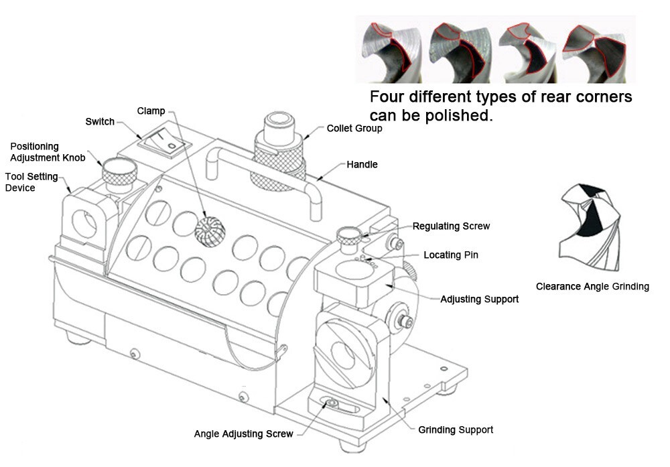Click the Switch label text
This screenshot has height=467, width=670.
click(x=100, y=122)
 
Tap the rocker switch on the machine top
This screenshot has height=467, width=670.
click(x=161, y=143)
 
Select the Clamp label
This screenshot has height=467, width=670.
click(x=151, y=111)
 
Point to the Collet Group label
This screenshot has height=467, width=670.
click(x=354, y=128)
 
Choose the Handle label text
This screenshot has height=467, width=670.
click(x=362, y=164)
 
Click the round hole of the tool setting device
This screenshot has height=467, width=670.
click(x=85, y=224)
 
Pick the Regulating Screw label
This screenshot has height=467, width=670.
click(x=450, y=226)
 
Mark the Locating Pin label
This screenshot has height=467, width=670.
click(x=451, y=255)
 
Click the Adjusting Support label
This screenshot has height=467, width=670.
click(x=479, y=299)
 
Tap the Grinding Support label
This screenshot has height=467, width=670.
click(x=456, y=429)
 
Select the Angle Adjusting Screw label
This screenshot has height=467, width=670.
click(x=243, y=433)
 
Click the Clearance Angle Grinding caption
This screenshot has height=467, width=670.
click(x=592, y=287)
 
